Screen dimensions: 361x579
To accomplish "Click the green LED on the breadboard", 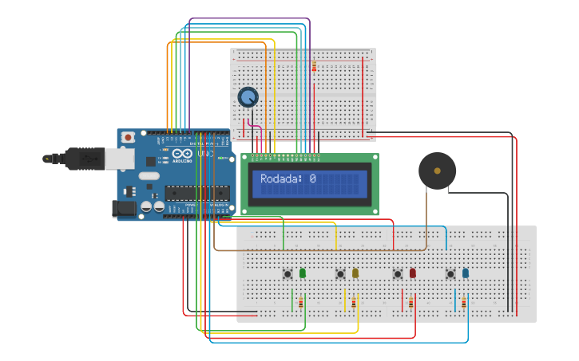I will point(302,273).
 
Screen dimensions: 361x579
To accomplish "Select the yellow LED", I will point(355,273).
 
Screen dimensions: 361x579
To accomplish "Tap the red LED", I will point(413,273).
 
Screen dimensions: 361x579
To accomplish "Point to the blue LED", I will point(466,273).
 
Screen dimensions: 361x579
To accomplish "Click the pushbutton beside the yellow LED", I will point(340,274).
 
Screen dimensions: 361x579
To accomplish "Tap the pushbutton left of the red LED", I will point(398,274).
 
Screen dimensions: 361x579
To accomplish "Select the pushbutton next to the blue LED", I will point(450,274).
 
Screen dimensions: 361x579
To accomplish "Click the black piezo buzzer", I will point(437,171).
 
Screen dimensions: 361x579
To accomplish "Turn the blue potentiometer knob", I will point(248,97).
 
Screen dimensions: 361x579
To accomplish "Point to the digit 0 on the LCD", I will point(312,179).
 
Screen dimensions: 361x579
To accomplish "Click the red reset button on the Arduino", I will point(127,138).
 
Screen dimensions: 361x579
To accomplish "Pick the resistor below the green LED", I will point(300,303).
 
